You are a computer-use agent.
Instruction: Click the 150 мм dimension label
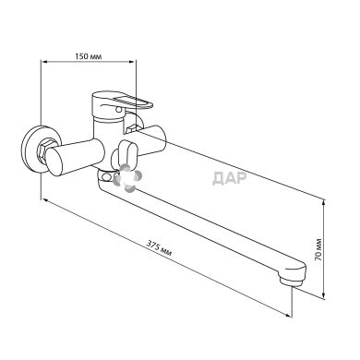click(x=89, y=56)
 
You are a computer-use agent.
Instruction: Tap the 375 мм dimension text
click(x=159, y=248)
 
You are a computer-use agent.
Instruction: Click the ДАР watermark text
click(x=229, y=178)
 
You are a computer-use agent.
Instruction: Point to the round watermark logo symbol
click(x=127, y=177)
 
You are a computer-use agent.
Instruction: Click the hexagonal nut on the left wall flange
click(x=45, y=150)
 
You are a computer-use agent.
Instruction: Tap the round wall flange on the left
click(x=34, y=149)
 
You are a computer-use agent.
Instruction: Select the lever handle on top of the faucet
click(x=122, y=102)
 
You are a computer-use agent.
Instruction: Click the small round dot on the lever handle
click(x=117, y=109)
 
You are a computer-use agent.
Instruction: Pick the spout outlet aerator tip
click(x=292, y=282)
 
